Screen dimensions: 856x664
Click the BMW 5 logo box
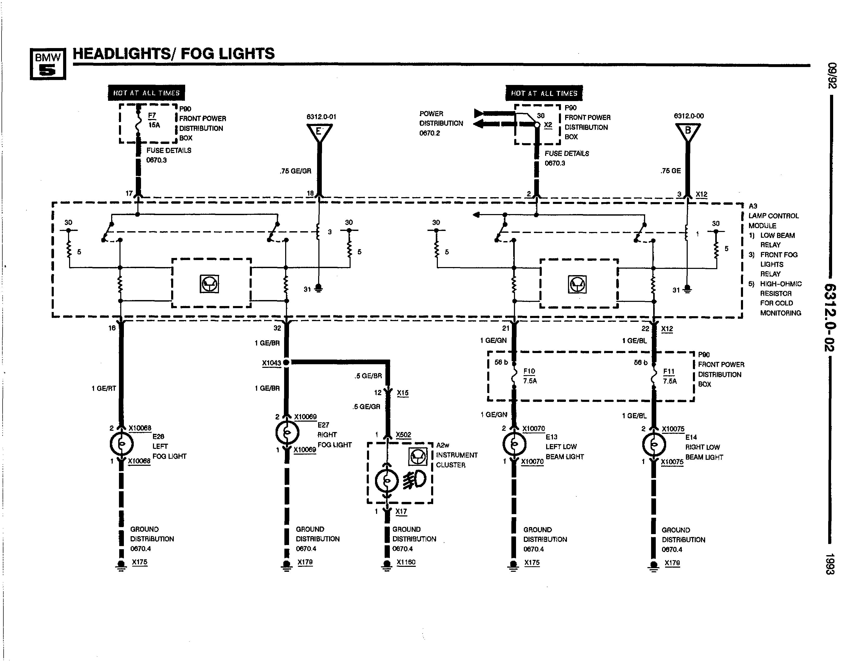pos(48,64)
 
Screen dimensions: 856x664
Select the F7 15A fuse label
pos(154,120)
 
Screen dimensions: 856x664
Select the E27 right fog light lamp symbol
pos(287,432)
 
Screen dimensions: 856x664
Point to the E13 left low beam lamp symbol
pos(514,444)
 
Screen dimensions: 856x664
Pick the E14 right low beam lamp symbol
pos(654,444)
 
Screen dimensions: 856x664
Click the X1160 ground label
pos(406,562)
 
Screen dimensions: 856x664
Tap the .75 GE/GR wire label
pos(296,171)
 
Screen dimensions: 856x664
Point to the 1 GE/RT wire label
pos(104,388)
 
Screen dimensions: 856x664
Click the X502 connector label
pos(403,435)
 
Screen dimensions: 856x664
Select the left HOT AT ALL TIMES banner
pos(146,93)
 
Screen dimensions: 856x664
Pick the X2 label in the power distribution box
pos(548,125)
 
